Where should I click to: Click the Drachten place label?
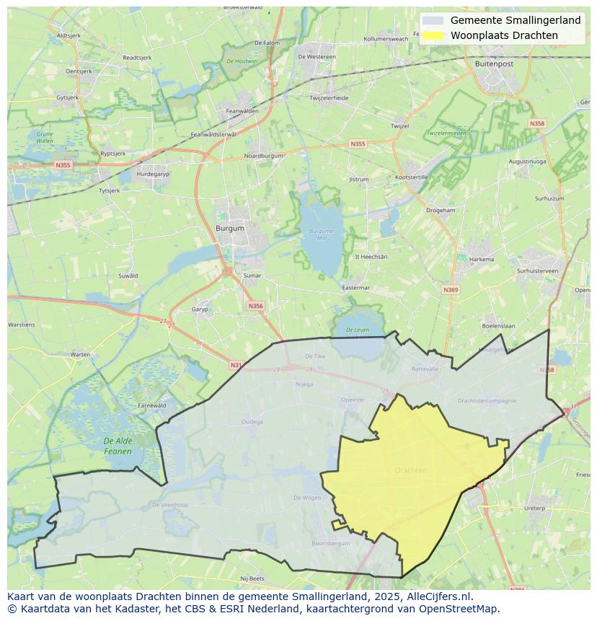click(x=411, y=470)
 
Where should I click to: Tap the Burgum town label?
click(x=230, y=229)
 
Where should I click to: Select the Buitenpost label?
click(x=494, y=63)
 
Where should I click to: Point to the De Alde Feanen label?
click(x=118, y=446)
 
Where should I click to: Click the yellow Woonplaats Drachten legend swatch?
click(x=433, y=35)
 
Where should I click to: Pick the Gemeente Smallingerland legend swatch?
click(x=433, y=21)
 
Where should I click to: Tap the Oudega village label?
click(x=252, y=422)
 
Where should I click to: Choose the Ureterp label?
click(x=534, y=508)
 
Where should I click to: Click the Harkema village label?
click(x=482, y=260)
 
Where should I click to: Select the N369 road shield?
click(x=451, y=290)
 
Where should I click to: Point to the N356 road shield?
click(x=255, y=306)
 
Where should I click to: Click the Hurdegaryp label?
click(x=153, y=175)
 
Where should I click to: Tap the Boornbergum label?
click(x=330, y=543)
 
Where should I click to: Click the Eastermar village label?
click(x=355, y=288)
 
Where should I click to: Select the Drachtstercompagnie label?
click(x=487, y=400)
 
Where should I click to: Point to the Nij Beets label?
click(x=253, y=578)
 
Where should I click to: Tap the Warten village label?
click(x=81, y=354)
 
